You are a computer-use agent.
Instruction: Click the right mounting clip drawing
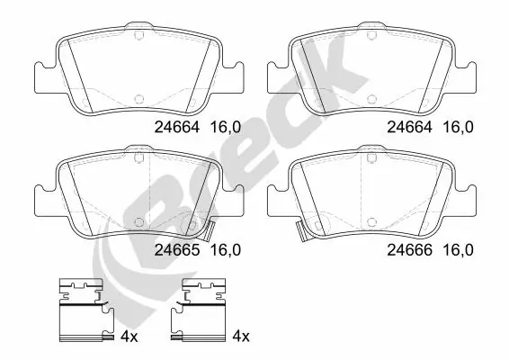click(x=204, y=310)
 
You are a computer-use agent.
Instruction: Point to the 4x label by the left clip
click(x=129, y=337)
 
